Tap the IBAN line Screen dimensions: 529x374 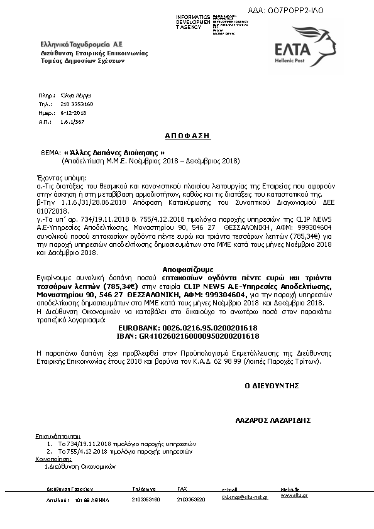[188, 336]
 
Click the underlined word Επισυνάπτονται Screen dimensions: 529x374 [58, 435]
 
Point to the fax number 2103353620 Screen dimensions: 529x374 [191, 500]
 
